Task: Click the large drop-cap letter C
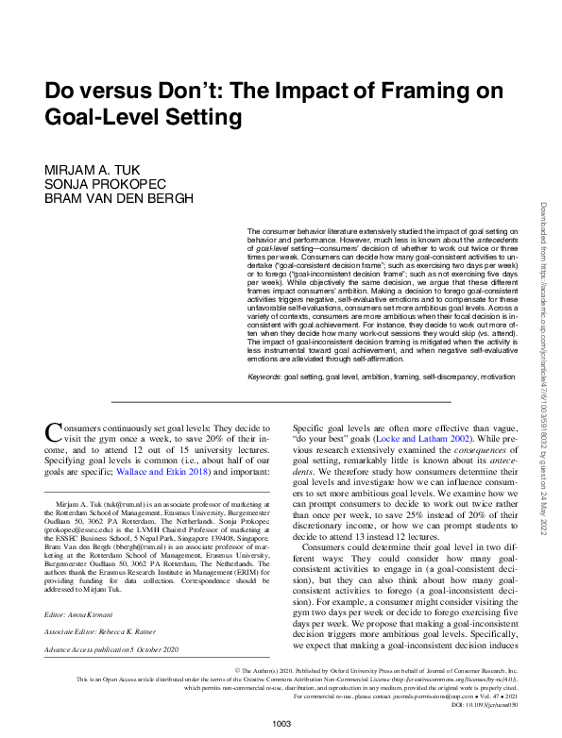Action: tap(55, 433)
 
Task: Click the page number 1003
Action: tap(281, 722)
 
